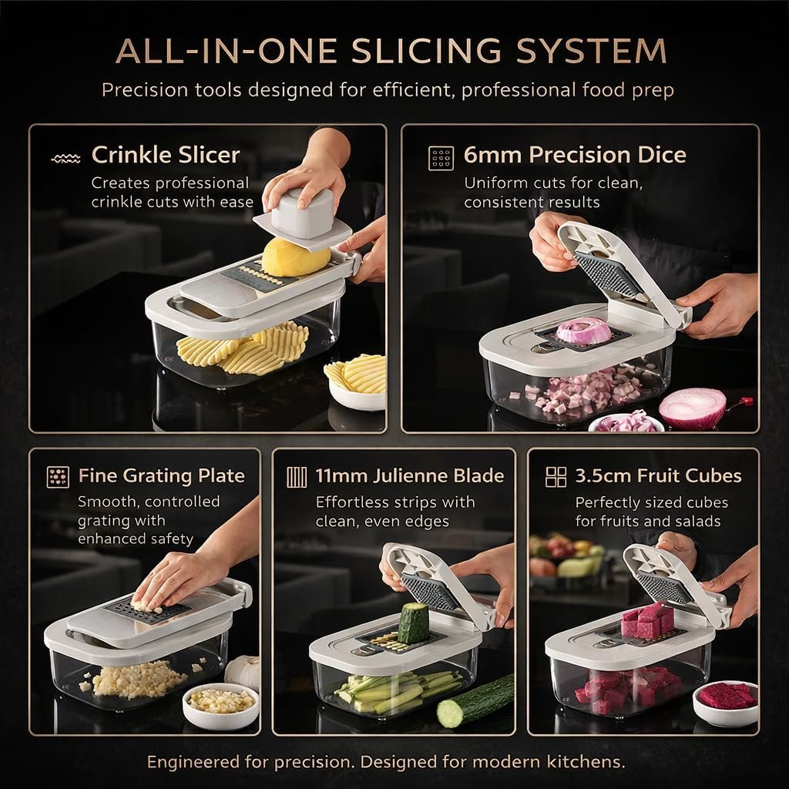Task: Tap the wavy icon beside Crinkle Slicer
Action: pyautogui.click(x=66, y=159)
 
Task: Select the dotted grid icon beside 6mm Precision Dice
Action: pyautogui.click(x=441, y=159)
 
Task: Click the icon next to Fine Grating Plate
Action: pyautogui.click(x=58, y=477)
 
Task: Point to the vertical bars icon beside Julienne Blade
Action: pyautogui.click(x=297, y=477)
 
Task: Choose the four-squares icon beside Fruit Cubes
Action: pyautogui.click(x=556, y=477)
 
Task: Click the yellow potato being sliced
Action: pyautogui.click(x=295, y=257)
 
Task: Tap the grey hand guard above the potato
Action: pyautogui.click(x=302, y=221)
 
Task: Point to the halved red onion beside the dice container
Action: pyautogui.click(x=693, y=407)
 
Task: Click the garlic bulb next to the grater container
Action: pyautogui.click(x=243, y=672)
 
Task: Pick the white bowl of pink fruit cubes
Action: pyautogui.click(x=725, y=703)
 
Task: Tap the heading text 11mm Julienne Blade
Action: pyautogui.click(x=410, y=476)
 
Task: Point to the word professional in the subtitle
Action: pyautogui.click(x=518, y=90)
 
